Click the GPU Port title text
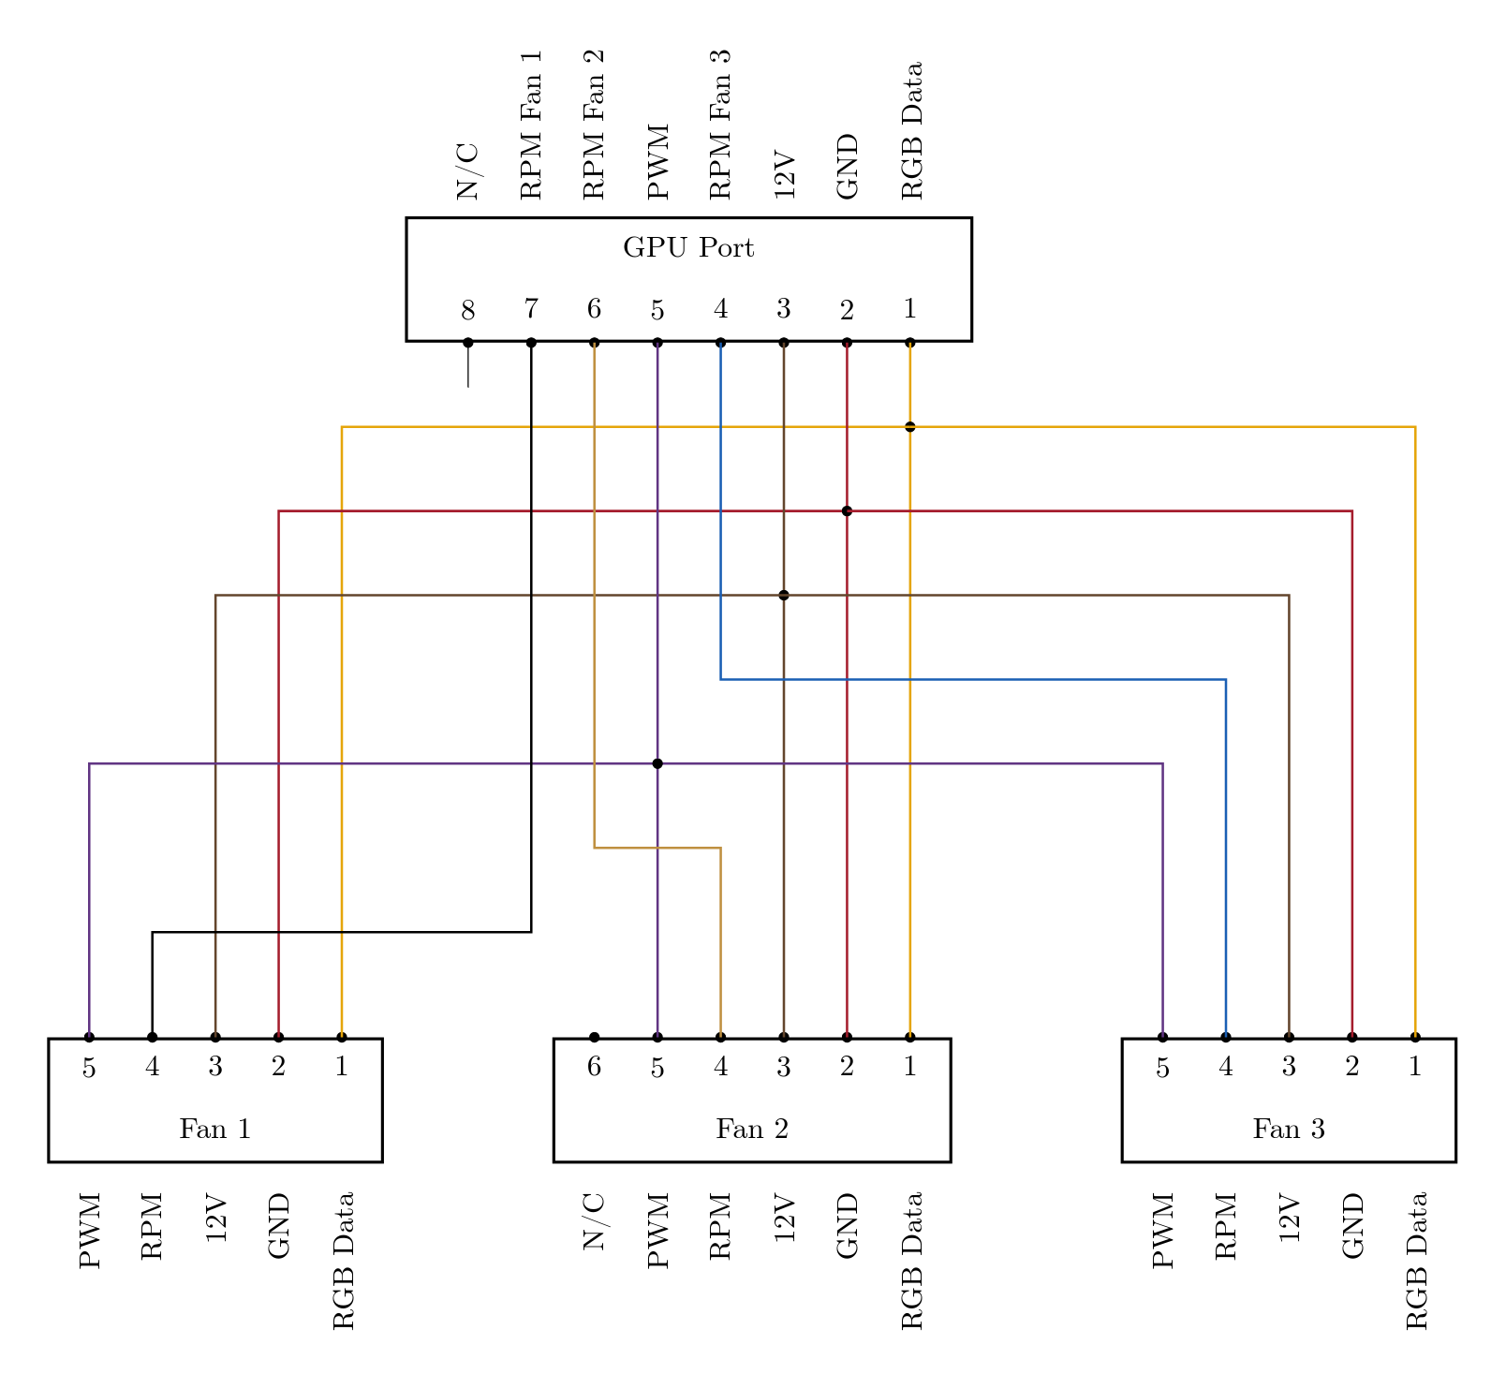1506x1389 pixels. [688, 248]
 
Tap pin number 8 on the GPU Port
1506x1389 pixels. [468, 310]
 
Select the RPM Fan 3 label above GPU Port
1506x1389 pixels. [719, 125]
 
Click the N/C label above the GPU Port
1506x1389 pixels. [467, 172]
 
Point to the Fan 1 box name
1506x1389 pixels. [215, 1130]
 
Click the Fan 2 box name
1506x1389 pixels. [752, 1130]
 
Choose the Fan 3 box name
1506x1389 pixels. [1289, 1130]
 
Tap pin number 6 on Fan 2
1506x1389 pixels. [594, 1067]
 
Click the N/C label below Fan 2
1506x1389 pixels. [594, 1222]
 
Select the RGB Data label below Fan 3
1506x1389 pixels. [1415, 1261]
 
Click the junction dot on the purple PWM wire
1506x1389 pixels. [657, 764]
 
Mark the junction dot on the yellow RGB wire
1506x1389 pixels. [910, 427]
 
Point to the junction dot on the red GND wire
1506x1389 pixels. [847, 511]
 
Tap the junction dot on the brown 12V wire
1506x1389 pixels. [784, 596]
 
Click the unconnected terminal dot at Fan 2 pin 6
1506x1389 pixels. [594, 1038]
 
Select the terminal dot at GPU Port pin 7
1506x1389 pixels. [531, 343]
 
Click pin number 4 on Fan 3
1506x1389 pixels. [1226, 1067]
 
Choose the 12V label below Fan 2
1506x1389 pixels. [784, 1219]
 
